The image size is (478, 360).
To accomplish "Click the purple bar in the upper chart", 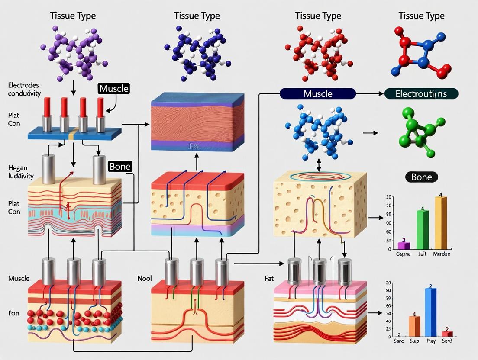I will coord(404,245).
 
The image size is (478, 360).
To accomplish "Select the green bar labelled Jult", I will coord(423,230).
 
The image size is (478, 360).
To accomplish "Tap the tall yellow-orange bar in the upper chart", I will coord(440,223).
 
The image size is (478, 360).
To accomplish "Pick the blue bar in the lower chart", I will coord(430,312).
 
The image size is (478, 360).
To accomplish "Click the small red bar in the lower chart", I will coord(447,334).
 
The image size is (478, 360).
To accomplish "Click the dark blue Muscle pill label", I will coord(318,93).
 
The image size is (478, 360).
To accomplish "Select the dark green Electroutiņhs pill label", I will coord(421,93).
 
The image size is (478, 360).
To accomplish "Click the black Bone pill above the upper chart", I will coord(421,177).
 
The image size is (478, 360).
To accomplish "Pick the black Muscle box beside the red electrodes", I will coord(114,89).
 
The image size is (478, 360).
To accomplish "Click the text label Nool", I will coord(144,278).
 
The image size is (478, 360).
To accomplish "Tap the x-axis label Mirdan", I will coord(442,254).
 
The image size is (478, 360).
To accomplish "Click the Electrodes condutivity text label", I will coord(24,88).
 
